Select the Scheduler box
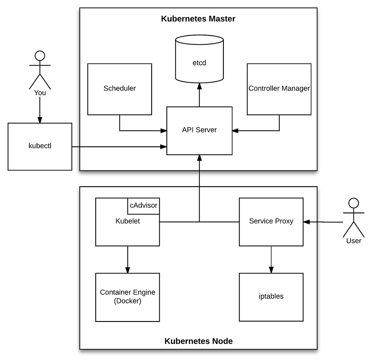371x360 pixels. pyautogui.click(x=120, y=89)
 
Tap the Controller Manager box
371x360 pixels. pyautogui.click(x=279, y=89)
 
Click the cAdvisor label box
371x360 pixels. pyautogui.click(x=144, y=206)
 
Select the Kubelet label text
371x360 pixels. pyautogui.click(x=128, y=221)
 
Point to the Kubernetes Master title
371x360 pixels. pyautogui.click(x=198, y=19)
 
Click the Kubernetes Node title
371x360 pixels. pyautogui.click(x=198, y=341)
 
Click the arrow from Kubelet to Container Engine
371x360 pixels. pyautogui.click(x=128, y=259)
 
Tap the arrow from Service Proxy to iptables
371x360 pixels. pyautogui.click(x=271, y=259)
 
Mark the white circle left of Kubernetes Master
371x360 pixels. pyautogui.click(x=40, y=56)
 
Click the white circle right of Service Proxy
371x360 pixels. pyautogui.click(x=354, y=203)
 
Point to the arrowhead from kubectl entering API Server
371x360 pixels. pyautogui.click(x=164, y=147)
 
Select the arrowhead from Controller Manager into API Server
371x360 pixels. pyautogui.click(x=235, y=131)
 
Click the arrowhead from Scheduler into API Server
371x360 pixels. pyautogui.click(x=164, y=131)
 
